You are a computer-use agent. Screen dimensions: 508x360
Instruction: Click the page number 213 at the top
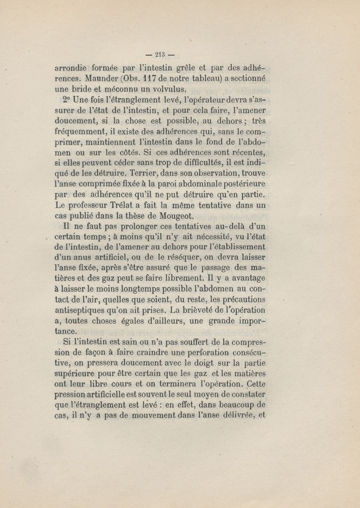[x=160, y=55]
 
